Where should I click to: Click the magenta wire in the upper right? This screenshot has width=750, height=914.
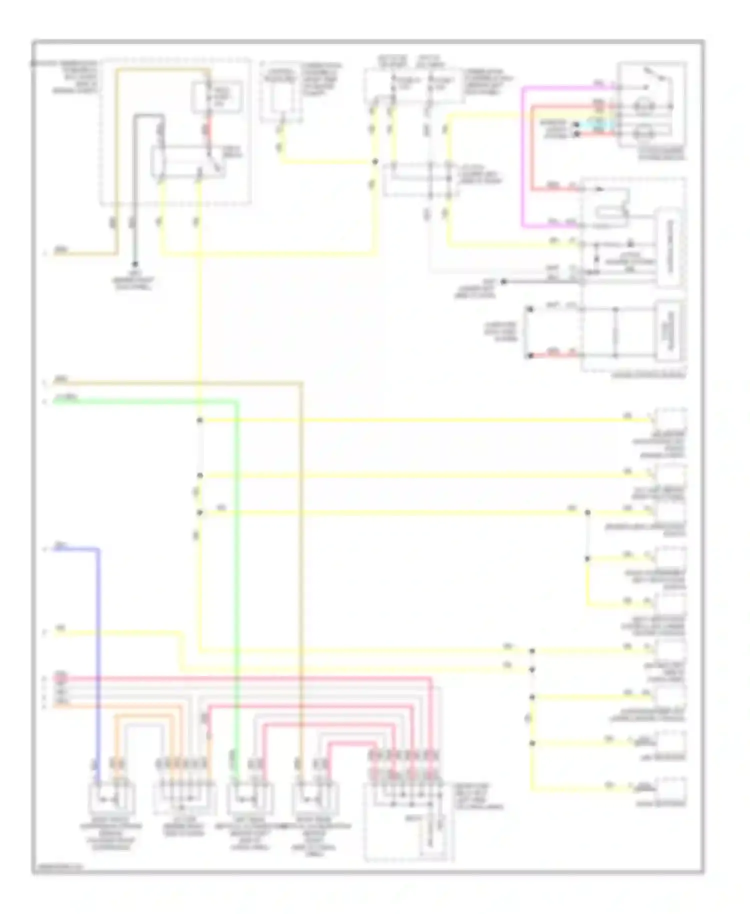tap(523, 160)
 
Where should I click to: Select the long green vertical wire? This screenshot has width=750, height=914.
tap(237, 575)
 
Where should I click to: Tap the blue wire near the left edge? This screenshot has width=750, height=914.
tap(98, 650)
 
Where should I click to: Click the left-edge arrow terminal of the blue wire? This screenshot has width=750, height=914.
tap(45, 549)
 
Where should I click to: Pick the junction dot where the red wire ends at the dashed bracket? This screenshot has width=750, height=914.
tap(529, 356)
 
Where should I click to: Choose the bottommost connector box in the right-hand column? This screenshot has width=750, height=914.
tap(671, 790)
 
